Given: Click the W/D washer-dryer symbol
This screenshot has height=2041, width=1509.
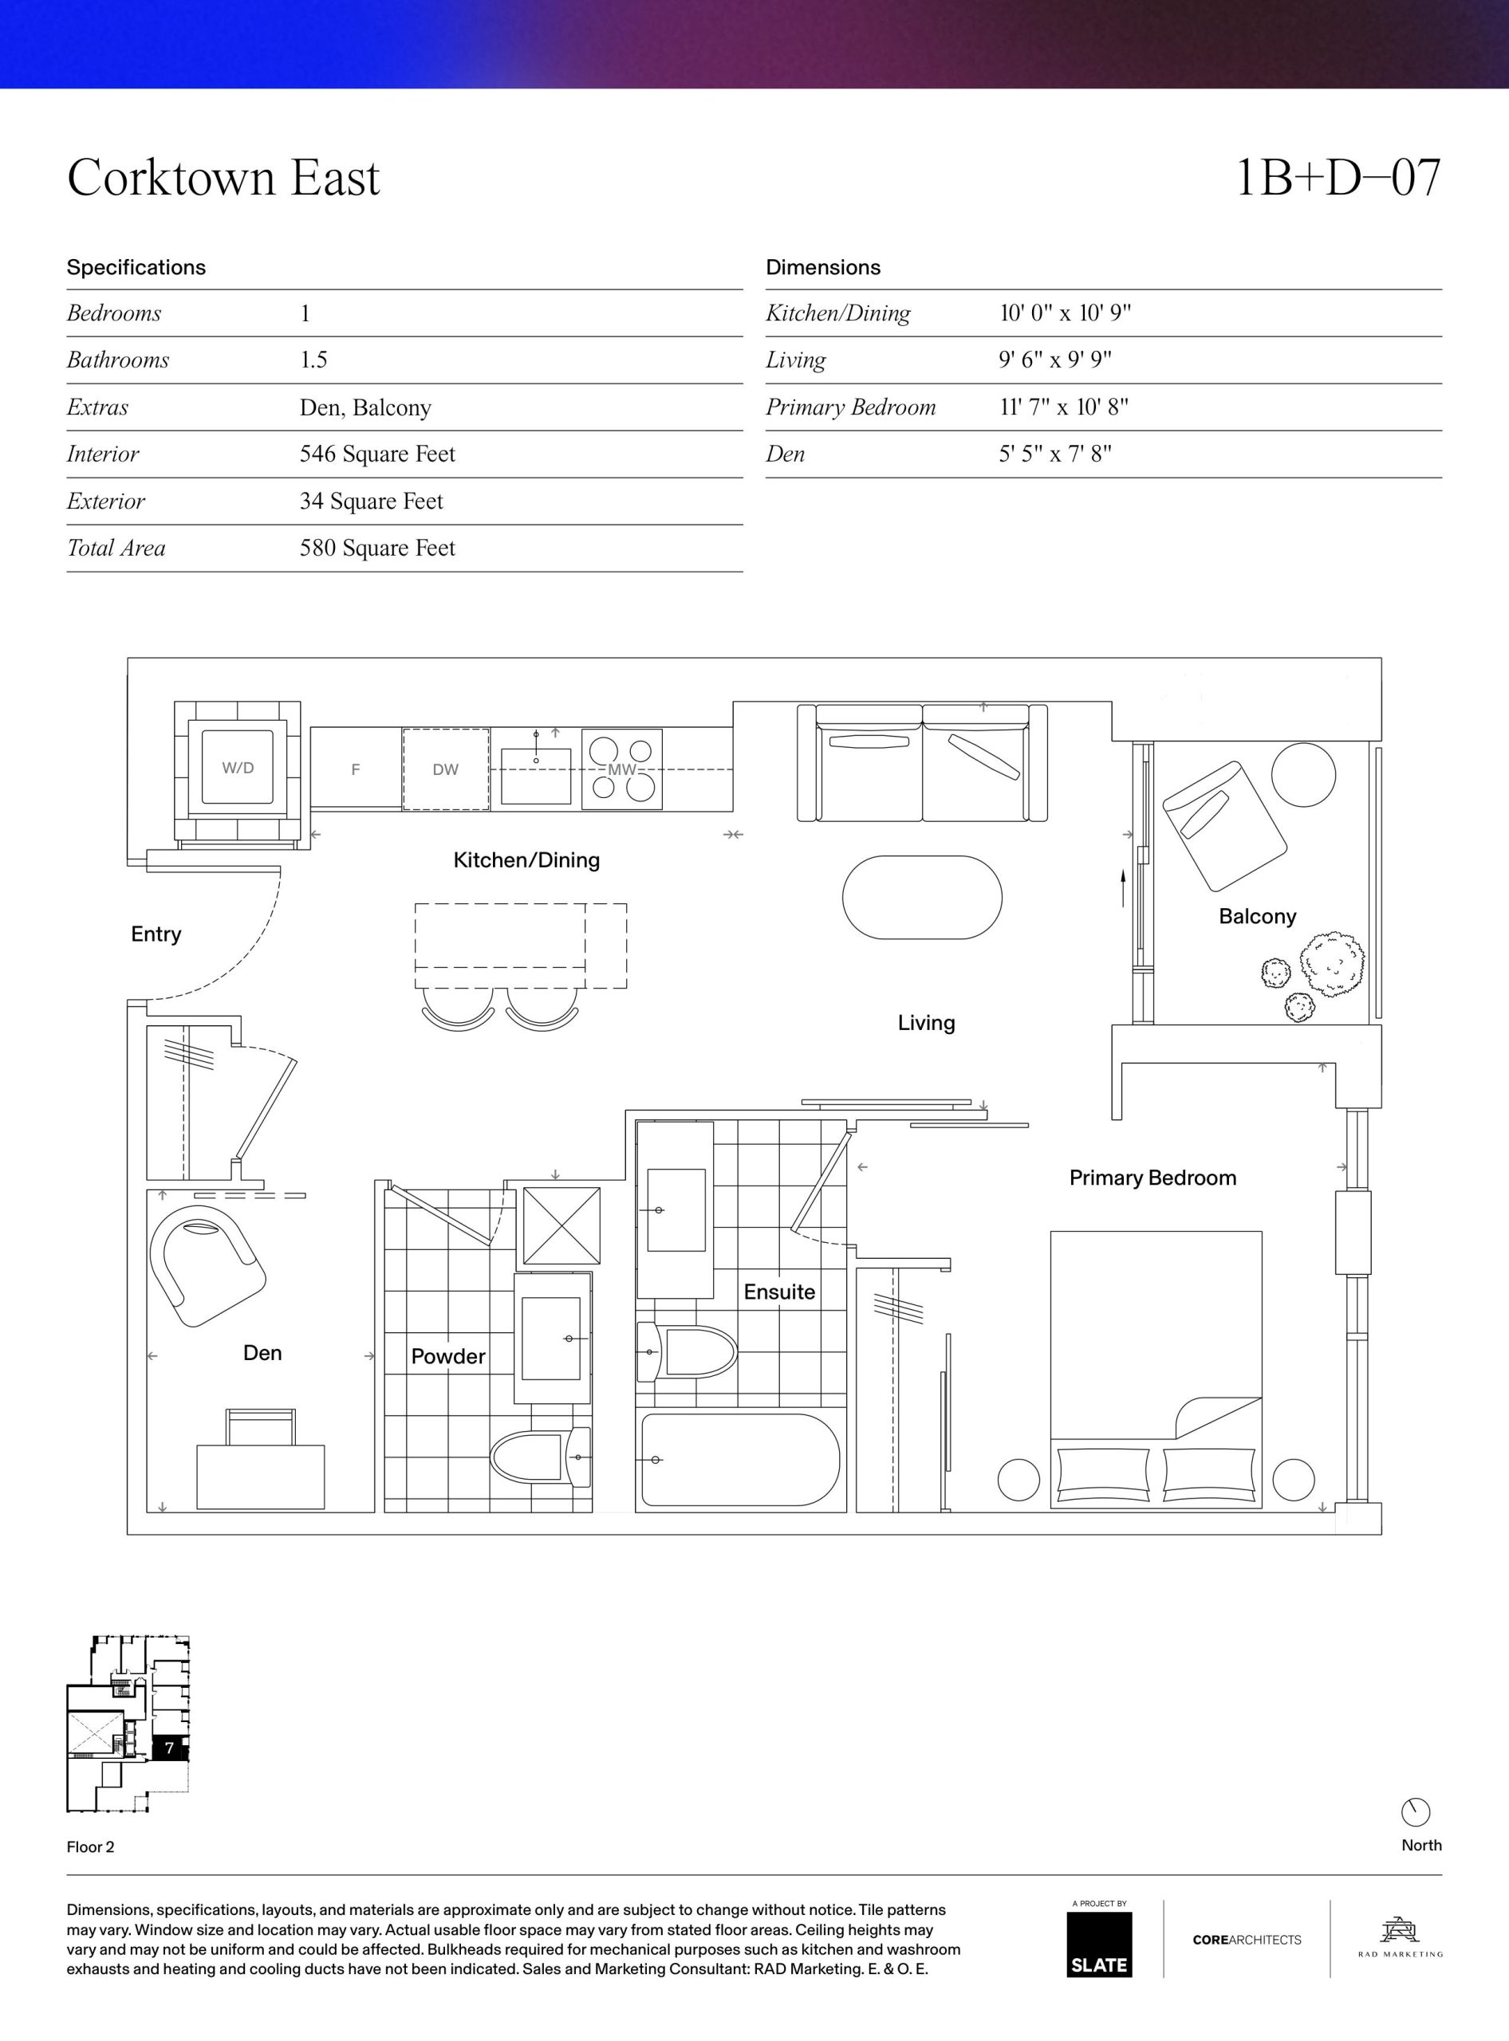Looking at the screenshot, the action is [x=238, y=767].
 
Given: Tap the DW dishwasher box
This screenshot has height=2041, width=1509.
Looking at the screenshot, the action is [x=446, y=769].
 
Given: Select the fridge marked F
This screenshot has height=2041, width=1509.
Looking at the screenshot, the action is [x=356, y=769].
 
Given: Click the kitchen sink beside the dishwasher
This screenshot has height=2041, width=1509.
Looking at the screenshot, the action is [x=536, y=774].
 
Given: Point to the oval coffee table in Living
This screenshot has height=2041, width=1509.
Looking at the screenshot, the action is [x=922, y=897].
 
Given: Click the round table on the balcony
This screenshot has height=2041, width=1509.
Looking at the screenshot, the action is [x=1303, y=774].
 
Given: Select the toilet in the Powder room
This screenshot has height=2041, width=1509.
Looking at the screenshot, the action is [x=542, y=1456].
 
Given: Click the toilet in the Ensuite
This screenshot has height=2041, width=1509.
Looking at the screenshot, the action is [x=686, y=1351].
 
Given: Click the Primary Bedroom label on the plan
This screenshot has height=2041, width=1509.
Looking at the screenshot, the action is [x=1152, y=1178].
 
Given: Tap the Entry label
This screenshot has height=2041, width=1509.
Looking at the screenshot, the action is [x=156, y=934].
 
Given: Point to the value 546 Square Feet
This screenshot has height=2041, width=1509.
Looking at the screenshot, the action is [x=377, y=454].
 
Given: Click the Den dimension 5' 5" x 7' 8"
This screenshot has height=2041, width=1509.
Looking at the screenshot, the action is [x=1055, y=454].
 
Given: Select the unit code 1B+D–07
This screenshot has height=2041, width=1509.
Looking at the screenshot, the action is [x=1338, y=177].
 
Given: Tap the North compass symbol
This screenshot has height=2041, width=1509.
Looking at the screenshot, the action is [x=1415, y=1812].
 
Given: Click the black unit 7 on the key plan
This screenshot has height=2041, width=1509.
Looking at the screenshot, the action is [x=170, y=1748].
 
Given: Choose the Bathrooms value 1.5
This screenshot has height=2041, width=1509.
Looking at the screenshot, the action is [x=313, y=360].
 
